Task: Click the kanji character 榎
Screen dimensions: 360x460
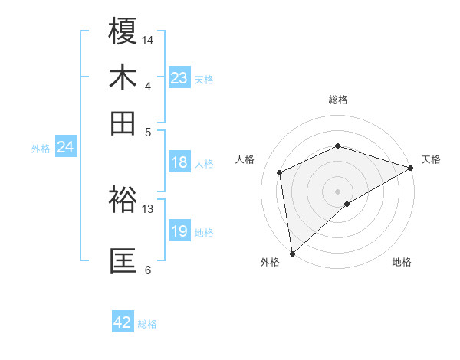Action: click(123, 32)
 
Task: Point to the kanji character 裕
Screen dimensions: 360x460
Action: click(123, 201)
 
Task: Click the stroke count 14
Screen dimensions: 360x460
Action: click(149, 38)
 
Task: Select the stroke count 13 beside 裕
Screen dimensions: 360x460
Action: click(148, 208)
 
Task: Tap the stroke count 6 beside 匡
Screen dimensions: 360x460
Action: click(147, 269)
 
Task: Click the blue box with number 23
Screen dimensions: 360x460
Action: click(179, 78)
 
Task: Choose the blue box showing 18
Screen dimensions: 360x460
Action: click(179, 162)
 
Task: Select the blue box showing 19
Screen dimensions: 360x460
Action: click(179, 231)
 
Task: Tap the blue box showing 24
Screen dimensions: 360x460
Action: click(65, 147)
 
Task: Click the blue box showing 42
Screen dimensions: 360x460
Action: click(123, 322)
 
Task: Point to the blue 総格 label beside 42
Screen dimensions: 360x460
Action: click(147, 324)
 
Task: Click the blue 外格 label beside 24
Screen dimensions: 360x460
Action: click(41, 149)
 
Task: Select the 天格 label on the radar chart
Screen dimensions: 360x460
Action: click(431, 159)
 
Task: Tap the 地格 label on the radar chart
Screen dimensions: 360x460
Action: click(402, 262)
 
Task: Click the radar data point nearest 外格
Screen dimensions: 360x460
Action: click(292, 254)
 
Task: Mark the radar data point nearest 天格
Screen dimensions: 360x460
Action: click(412, 168)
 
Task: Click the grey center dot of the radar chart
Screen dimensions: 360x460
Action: click(338, 191)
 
